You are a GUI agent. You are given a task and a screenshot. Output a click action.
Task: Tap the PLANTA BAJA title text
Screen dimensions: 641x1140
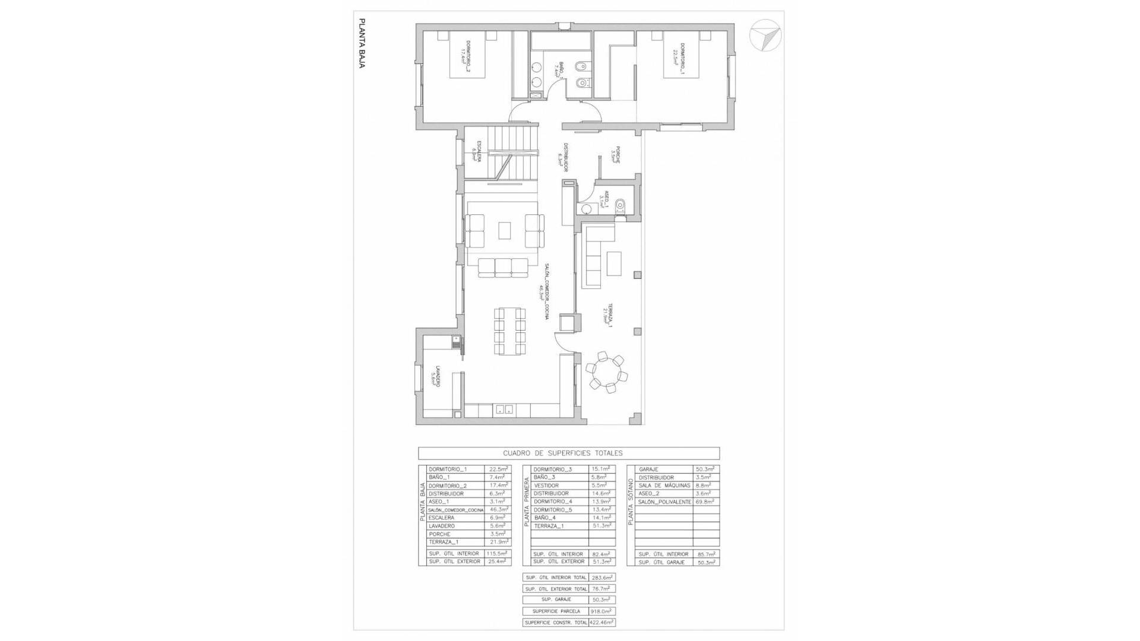coord(361,43)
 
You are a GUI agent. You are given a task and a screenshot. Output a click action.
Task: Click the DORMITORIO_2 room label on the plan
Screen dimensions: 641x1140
coord(465,56)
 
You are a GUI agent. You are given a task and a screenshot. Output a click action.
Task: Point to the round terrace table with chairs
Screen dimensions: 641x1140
coord(606,373)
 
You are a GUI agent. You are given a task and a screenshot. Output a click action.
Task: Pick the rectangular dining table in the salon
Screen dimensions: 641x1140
coord(511,331)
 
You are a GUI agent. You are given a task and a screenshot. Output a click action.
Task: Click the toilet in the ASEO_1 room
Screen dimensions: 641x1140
coord(621,205)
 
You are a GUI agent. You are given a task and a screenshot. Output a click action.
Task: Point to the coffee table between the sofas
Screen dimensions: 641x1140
coord(505,230)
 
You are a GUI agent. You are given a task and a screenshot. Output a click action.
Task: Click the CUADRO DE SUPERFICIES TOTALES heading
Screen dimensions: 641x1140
coord(562,453)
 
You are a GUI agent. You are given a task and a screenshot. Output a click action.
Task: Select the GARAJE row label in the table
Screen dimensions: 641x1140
coord(648,469)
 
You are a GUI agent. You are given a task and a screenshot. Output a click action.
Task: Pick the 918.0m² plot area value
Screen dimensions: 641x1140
coord(603,611)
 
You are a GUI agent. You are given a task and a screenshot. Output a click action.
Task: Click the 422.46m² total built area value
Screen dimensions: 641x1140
coord(602,623)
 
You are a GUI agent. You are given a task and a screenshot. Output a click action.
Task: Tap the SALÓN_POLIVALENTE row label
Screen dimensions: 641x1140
coord(665,502)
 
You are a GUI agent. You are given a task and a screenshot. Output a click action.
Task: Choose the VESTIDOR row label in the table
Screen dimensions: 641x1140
coord(546,485)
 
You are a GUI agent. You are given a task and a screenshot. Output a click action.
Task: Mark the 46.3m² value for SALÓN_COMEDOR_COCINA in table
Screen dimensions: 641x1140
coord(498,510)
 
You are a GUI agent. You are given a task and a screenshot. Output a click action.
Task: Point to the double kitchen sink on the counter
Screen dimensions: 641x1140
coord(505,410)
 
